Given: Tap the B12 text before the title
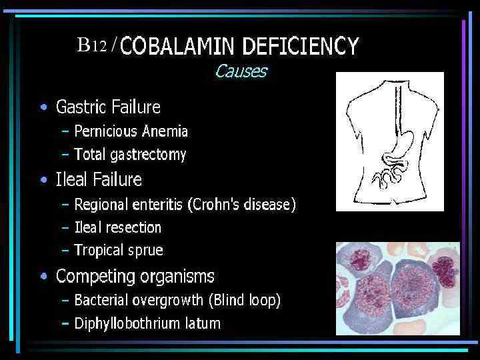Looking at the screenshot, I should (91, 45).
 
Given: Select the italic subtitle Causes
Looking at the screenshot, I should (241, 71).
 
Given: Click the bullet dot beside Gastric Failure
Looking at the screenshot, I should (43, 107).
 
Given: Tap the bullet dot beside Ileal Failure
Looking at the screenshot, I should (43, 180).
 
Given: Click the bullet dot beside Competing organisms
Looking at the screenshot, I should (43, 276).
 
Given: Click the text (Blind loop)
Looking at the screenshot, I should (245, 300).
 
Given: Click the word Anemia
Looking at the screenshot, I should (168, 131).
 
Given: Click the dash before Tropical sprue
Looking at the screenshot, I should (65, 251).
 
